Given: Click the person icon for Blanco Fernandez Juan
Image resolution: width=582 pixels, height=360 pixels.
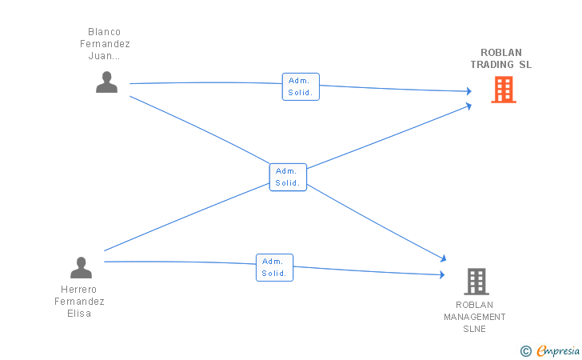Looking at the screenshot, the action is coord(106,82).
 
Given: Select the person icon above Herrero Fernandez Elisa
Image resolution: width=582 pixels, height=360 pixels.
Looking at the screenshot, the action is coord(81,267).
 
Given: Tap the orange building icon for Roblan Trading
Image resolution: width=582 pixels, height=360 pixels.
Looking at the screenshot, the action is coord(504,90).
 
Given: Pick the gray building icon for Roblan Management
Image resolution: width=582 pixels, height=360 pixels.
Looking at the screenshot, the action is coord(476,282).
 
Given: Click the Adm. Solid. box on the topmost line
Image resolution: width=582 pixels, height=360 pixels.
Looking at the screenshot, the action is coord(301,86).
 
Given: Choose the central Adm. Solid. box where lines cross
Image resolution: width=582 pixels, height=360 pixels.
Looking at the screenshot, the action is coord(288,178).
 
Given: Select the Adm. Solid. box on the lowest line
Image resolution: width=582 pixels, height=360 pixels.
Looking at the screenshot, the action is coord(275,267).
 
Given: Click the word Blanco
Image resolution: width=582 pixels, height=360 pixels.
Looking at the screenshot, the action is coord(104,31).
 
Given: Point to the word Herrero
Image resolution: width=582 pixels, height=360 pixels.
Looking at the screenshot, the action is coord(78,289).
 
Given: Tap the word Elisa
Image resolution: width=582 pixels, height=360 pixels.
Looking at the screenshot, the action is coord(79,313).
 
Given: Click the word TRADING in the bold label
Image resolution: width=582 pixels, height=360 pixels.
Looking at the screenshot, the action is coord(492,64).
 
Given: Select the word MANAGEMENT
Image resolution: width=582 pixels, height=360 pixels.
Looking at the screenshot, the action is coord(475,317).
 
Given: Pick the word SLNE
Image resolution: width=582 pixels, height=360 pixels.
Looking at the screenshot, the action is coord(474,329).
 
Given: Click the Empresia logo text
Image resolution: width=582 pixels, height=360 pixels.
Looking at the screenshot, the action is coord(558,350).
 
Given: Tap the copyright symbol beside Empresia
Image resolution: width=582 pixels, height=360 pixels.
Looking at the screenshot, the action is coord(526,351).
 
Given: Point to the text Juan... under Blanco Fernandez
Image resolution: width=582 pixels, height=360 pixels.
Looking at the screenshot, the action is coord(104,56).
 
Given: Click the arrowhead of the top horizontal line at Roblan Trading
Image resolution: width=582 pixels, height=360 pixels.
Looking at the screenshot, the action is coord(469,91).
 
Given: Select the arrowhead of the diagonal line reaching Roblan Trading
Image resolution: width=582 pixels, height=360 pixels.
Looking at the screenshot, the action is coord(468,106).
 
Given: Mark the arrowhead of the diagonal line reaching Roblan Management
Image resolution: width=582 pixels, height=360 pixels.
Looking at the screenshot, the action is coord(443,258).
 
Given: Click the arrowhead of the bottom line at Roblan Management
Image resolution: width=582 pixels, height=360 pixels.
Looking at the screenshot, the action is coord(442,274).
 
